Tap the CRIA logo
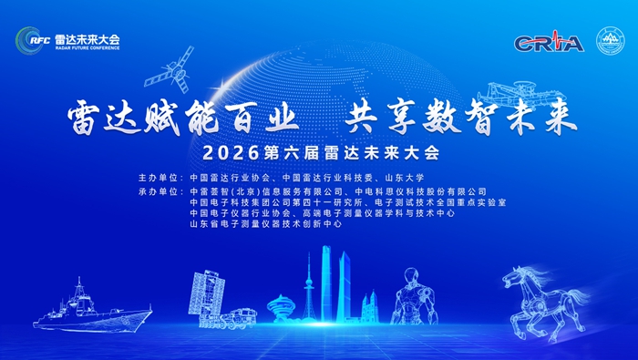coord(549,42)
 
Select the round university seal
coord(610,41)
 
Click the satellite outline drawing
coord(170,69)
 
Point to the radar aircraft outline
coord(521,95)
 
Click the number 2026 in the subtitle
coord(231,153)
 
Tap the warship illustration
coord(92,306)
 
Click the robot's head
coord(412,275)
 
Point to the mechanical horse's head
coord(515,277)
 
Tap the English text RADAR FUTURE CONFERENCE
coord(87,48)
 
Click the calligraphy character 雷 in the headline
coord(84,118)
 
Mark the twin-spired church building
coord(370,307)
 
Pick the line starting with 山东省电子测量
coord(266,223)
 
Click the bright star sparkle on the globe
coord(223,87)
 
